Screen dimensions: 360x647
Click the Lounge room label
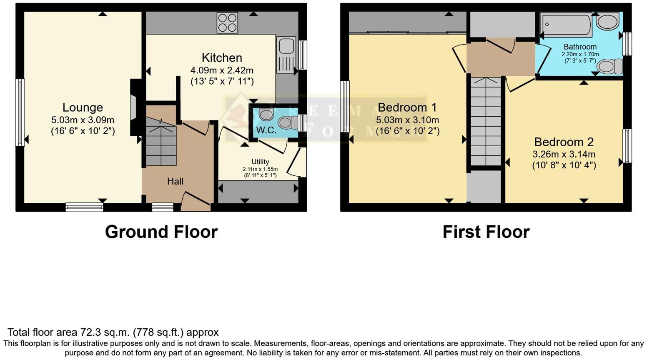83,107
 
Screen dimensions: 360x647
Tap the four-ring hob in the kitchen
227,23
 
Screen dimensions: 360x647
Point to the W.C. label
266,130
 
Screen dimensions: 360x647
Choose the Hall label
175,181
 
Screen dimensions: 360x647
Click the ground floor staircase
160,142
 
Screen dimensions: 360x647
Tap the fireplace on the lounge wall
133,107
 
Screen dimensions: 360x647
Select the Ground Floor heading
161,232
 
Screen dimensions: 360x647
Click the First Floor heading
486,232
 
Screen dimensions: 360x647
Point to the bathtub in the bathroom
566,25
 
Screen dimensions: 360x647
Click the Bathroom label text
580,47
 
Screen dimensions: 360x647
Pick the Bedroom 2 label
564,142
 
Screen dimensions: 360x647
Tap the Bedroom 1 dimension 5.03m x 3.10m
407,120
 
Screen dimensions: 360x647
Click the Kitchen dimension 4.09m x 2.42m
222,70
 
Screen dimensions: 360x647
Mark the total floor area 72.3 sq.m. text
113,332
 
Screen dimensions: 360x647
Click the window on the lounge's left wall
20,112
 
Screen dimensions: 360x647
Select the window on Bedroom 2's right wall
627,146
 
